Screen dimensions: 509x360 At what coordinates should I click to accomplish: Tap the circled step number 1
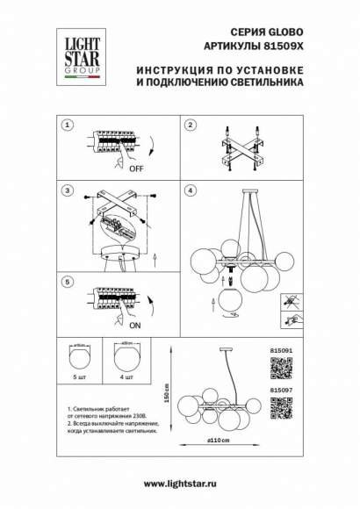pyautogui.click(x=65, y=125)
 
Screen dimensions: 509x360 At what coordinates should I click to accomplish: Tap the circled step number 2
pyautogui.click(x=189, y=125)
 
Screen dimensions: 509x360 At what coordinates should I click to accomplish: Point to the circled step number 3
pyautogui.click(x=65, y=190)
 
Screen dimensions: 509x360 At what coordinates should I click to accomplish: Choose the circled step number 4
pyautogui.click(x=189, y=190)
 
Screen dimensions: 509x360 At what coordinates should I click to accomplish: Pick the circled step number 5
pyautogui.click(x=65, y=283)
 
